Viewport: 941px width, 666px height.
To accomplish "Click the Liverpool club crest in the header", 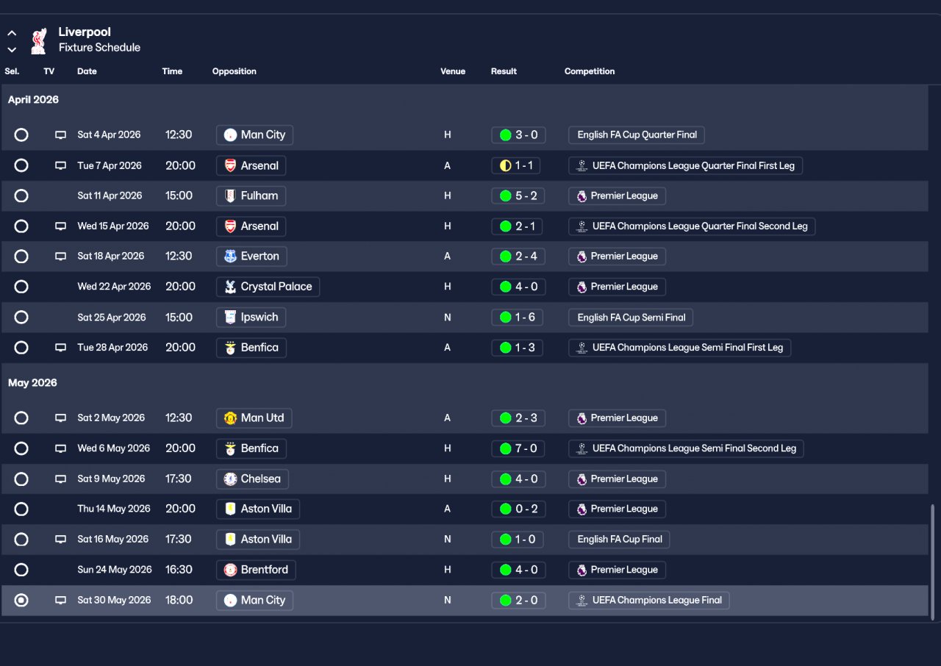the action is point(39,40).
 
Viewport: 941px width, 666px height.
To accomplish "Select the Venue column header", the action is point(452,71).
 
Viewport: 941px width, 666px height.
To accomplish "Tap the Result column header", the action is point(504,71).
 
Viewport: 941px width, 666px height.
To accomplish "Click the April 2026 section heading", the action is point(33,99).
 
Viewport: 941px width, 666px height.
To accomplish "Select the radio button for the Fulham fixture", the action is point(21,196).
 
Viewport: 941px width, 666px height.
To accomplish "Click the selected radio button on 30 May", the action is point(21,600).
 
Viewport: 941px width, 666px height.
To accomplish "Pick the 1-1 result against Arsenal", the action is point(515,165).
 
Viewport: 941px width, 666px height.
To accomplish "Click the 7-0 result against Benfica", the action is point(518,448).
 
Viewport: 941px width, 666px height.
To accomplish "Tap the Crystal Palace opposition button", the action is point(268,287).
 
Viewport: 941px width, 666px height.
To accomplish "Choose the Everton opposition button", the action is point(251,256).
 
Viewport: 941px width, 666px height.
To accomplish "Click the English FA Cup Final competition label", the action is point(619,539).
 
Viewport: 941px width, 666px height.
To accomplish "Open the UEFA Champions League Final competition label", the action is point(648,600).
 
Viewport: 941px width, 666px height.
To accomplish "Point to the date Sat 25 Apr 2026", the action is point(111,318).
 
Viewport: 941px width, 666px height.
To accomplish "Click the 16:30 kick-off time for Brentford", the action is point(179,570).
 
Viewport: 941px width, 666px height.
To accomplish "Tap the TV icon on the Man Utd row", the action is point(60,418).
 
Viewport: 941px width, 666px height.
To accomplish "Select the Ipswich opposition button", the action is point(251,318).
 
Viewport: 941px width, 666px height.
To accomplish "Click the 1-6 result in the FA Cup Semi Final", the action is point(517,318).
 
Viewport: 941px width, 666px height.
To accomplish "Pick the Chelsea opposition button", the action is point(252,479).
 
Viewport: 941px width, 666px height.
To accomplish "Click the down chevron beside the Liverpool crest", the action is point(12,49).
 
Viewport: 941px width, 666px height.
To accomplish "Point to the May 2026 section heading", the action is point(32,382).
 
